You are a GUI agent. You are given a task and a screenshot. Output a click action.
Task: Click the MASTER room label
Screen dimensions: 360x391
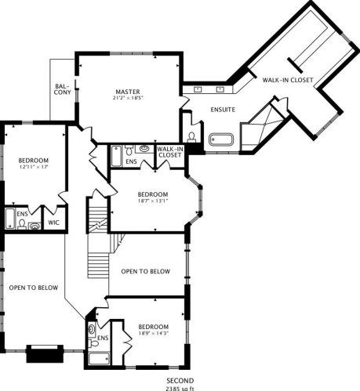pyautogui.click(x=128, y=92)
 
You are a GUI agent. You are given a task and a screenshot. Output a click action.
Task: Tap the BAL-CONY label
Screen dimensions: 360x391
pyautogui.click(x=63, y=89)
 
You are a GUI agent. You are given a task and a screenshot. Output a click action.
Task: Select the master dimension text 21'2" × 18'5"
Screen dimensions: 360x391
pyautogui.click(x=128, y=98)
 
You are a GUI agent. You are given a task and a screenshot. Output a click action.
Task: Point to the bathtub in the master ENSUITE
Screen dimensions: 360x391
pyautogui.click(x=221, y=139)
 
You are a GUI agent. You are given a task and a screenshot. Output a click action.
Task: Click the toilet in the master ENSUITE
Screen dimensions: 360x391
pyautogui.click(x=192, y=137)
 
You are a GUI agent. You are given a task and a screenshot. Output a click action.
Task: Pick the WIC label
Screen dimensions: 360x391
pyautogui.click(x=53, y=223)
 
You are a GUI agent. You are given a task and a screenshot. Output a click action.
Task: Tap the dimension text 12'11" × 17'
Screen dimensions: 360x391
pyautogui.click(x=33, y=167)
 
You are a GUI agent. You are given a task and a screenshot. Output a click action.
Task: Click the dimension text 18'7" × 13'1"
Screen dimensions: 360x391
pyautogui.click(x=153, y=201)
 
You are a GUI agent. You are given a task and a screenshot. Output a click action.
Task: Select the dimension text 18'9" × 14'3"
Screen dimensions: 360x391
pyautogui.click(x=154, y=333)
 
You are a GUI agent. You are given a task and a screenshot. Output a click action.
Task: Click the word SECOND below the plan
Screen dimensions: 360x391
pyautogui.click(x=180, y=381)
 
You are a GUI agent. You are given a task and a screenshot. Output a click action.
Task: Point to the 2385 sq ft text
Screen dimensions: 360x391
pyautogui.click(x=180, y=389)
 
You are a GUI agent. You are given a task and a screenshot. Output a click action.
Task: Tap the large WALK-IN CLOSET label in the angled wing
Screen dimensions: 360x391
pyautogui.click(x=288, y=80)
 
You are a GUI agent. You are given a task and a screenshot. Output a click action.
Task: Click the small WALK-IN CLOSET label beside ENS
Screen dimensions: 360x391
pyautogui.click(x=170, y=152)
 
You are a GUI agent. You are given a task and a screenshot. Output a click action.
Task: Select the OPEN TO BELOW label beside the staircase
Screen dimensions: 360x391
pyautogui.click(x=146, y=271)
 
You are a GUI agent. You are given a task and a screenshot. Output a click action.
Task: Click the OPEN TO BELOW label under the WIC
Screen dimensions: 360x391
pyautogui.click(x=34, y=288)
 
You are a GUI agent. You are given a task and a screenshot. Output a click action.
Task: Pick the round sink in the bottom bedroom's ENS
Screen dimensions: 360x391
pyautogui.click(x=92, y=328)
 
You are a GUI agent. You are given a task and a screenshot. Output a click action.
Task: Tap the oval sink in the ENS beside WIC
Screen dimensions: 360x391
pyautogui.click(x=35, y=226)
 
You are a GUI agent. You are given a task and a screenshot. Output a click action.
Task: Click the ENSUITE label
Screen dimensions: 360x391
pyautogui.click(x=223, y=110)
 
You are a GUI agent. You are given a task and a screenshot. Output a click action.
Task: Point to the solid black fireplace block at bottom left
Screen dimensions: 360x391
pyautogui.click(x=45, y=353)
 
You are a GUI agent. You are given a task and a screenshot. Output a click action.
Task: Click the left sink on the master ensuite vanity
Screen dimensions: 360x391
pyautogui.click(x=198, y=89)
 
